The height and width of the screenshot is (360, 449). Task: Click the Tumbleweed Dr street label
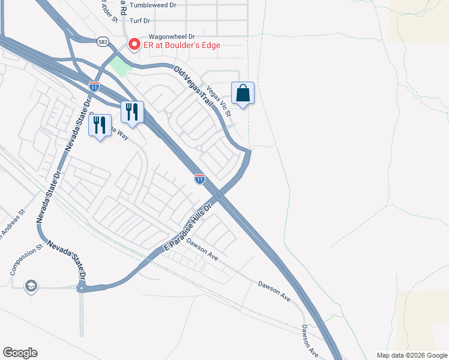click(152, 4)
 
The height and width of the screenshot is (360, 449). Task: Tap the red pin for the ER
click(134, 44)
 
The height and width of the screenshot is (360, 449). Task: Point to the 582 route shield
click(104, 40)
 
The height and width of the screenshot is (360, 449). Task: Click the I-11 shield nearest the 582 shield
click(94, 86)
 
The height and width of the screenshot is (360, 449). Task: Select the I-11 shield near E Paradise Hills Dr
click(200, 179)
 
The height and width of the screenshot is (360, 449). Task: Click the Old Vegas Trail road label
click(193, 88)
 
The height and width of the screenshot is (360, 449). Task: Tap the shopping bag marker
click(243, 94)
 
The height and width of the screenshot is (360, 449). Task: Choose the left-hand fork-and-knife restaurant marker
click(100, 125)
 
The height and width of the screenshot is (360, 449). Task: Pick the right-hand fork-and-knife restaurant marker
click(133, 112)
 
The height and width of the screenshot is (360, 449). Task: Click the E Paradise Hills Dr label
click(189, 229)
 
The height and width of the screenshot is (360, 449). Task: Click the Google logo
click(20, 353)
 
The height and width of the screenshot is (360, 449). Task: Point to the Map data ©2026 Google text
click(411, 355)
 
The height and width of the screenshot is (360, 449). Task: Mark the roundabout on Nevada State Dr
click(81, 288)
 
